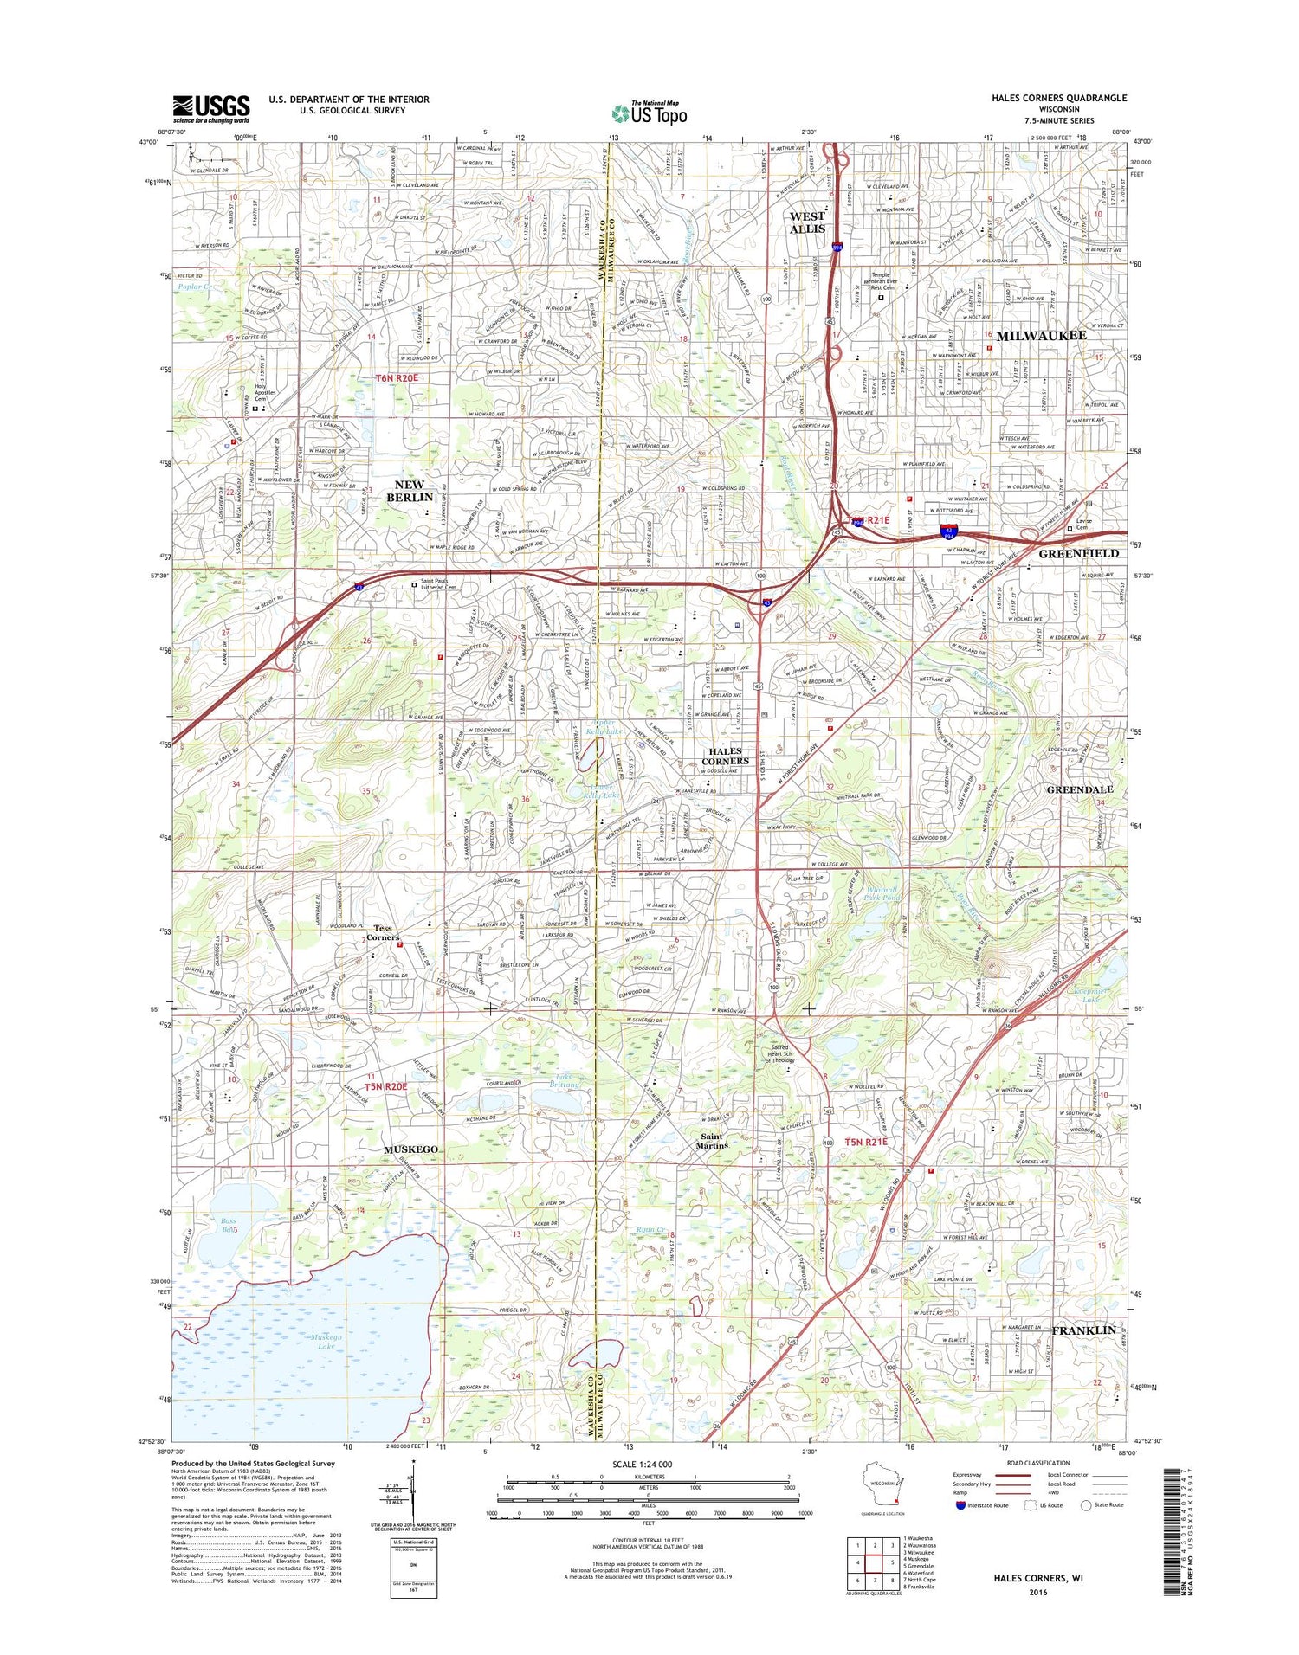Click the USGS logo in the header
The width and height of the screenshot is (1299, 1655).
(x=211, y=106)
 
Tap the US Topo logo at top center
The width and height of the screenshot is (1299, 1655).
(x=649, y=113)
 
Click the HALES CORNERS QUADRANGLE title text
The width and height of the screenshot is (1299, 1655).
(x=1059, y=99)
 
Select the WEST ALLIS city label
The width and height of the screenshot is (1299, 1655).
(x=807, y=222)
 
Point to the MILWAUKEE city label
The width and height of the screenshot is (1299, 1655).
(x=1041, y=335)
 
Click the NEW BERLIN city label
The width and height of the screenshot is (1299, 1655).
(x=409, y=491)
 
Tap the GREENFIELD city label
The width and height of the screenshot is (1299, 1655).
(x=1079, y=553)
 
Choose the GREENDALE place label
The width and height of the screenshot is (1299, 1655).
(x=1080, y=789)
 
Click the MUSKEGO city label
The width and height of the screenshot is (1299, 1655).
(x=411, y=1149)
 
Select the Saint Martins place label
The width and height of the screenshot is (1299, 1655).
(x=714, y=1141)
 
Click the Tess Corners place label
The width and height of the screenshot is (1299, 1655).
(x=382, y=932)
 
